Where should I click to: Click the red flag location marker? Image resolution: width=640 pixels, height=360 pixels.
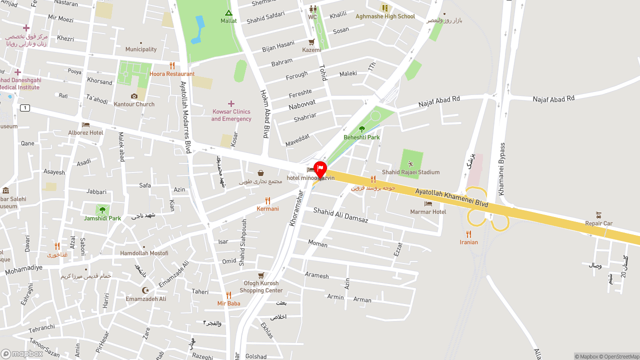tap(320, 169)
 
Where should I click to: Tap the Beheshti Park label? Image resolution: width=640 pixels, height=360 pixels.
tap(361, 137)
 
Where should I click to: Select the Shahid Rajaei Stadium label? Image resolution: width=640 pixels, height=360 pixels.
tap(410, 172)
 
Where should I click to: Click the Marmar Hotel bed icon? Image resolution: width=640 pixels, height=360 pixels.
tap(428, 203)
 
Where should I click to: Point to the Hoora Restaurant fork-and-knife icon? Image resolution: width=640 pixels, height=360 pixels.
tap(172, 65)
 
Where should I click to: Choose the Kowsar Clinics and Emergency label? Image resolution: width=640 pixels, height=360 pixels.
tap(231, 115)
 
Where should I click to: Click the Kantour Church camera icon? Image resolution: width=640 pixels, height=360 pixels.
tap(134, 96)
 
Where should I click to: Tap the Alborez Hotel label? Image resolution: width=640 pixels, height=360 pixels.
tap(86, 132)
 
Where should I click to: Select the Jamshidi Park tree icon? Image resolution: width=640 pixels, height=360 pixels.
tap(102, 210)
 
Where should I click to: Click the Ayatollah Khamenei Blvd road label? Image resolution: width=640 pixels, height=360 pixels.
tap(451, 197)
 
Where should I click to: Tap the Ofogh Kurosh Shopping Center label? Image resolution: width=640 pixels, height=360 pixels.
tap(261, 286)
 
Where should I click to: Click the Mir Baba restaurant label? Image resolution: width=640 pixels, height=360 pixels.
tap(228, 303)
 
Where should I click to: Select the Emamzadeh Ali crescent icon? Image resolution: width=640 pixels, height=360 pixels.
tap(145, 290)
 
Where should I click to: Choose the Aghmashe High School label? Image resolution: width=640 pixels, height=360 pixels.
tap(385, 16)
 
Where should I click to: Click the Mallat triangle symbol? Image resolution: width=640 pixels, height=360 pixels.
tap(228, 12)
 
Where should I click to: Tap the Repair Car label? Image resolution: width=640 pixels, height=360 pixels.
tap(599, 223)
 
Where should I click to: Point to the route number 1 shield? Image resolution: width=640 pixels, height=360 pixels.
tap(24, 108)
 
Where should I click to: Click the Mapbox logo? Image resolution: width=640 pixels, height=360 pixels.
tap(22, 353)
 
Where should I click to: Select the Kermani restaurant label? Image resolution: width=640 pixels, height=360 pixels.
tap(267, 208)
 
